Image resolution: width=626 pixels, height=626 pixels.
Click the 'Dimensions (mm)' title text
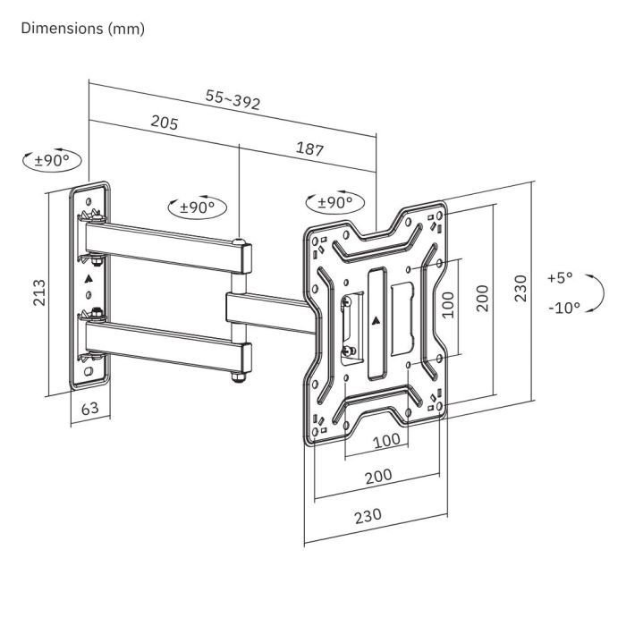(81, 29)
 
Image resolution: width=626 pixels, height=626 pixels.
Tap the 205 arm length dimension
(164, 123)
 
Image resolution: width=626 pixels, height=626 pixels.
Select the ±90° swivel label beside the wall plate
(52, 162)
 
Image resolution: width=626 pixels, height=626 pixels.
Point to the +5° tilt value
(560, 277)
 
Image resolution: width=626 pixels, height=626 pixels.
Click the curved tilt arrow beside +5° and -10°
(598, 292)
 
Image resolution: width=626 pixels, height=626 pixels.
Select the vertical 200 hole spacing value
(483, 297)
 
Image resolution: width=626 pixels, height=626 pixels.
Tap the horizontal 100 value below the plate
(385, 440)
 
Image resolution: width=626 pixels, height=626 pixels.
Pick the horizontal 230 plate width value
(368, 515)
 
